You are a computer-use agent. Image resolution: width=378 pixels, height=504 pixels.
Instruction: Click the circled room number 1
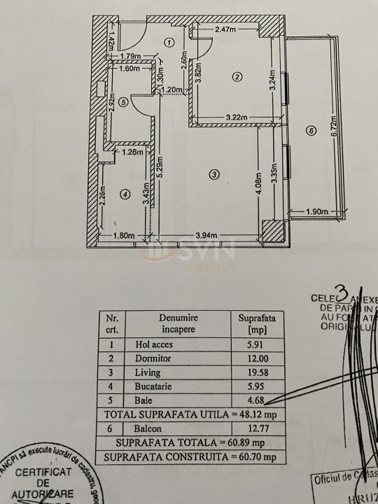(169, 43)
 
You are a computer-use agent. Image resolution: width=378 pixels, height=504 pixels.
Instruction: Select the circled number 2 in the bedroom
(237, 76)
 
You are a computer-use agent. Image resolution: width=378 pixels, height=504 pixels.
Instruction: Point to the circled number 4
(124, 195)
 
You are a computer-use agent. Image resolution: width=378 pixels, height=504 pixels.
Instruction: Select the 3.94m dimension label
(207, 235)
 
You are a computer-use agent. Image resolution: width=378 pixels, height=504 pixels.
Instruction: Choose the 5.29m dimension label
(160, 168)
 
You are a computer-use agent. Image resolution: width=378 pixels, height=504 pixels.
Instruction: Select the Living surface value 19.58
(252, 373)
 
